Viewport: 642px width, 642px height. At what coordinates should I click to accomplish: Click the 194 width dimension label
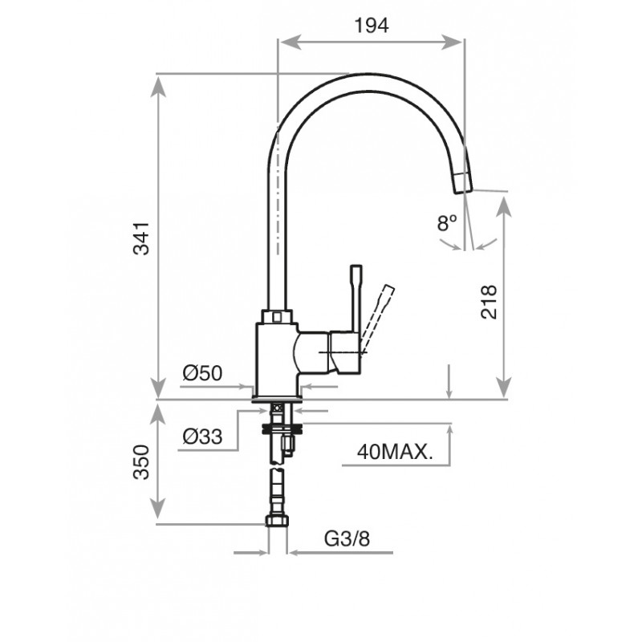(x=372, y=26)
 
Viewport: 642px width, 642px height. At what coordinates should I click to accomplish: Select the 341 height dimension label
(x=142, y=238)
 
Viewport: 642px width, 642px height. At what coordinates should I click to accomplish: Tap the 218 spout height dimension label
(x=489, y=303)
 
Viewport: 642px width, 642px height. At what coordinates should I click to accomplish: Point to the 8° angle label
(x=447, y=223)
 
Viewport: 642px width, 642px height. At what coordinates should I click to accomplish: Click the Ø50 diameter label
(x=202, y=373)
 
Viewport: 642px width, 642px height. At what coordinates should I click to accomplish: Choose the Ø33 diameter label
(x=202, y=437)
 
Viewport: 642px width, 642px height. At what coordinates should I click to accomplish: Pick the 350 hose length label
(x=142, y=461)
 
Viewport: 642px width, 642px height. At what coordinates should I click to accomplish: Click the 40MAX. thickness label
(x=395, y=453)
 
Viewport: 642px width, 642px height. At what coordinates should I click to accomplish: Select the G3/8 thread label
(x=347, y=538)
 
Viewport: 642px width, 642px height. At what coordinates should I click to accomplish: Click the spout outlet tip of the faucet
(x=463, y=183)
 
